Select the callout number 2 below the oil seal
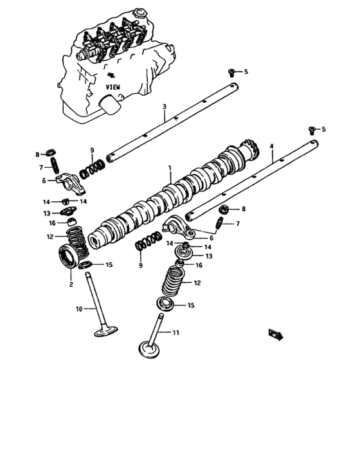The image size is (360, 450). [x=71, y=283]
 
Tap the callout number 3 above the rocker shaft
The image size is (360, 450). [x=165, y=106]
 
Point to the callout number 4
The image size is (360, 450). [x=272, y=147]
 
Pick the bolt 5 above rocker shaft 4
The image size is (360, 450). [x=313, y=130]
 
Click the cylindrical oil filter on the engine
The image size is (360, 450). [x=112, y=104]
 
